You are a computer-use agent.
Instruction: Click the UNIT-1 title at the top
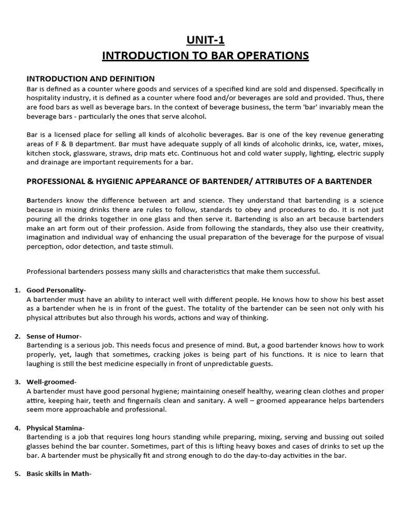pyautogui.click(x=205, y=40)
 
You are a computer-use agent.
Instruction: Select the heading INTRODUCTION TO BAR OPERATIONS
pyautogui.click(x=205, y=56)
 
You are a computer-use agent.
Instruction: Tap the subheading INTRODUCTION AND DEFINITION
pyautogui.click(x=90, y=79)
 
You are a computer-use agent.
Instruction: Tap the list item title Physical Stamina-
pyautogui.click(x=56, y=428)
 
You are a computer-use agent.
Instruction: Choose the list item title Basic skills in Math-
pyautogui.click(x=59, y=474)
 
